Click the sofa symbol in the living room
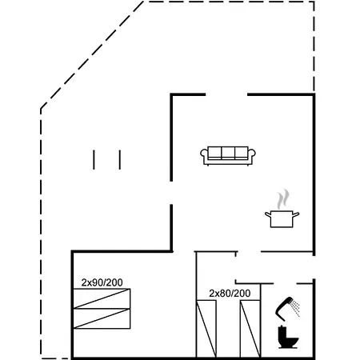[x=228, y=156]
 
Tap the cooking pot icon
[x=282, y=219]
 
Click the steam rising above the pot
[x=282, y=199]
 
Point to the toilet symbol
[x=287, y=338]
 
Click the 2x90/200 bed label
[x=102, y=282]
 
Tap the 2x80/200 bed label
[x=230, y=294]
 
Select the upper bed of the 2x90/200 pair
[x=102, y=298]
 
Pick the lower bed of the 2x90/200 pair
[x=102, y=318]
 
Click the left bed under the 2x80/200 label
[x=206, y=329]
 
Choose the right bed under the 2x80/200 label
[x=250, y=329]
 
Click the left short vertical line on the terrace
[x=94, y=160]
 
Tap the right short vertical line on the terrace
[x=120, y=160]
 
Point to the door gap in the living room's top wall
[x=226, y=94]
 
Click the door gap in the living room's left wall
[x=171, y=193]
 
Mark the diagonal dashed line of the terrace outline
[x=92, y=55]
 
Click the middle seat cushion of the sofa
[x=228, y=153]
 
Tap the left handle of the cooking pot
[x=268, y=214]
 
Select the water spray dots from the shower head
[x=295, y=307]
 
